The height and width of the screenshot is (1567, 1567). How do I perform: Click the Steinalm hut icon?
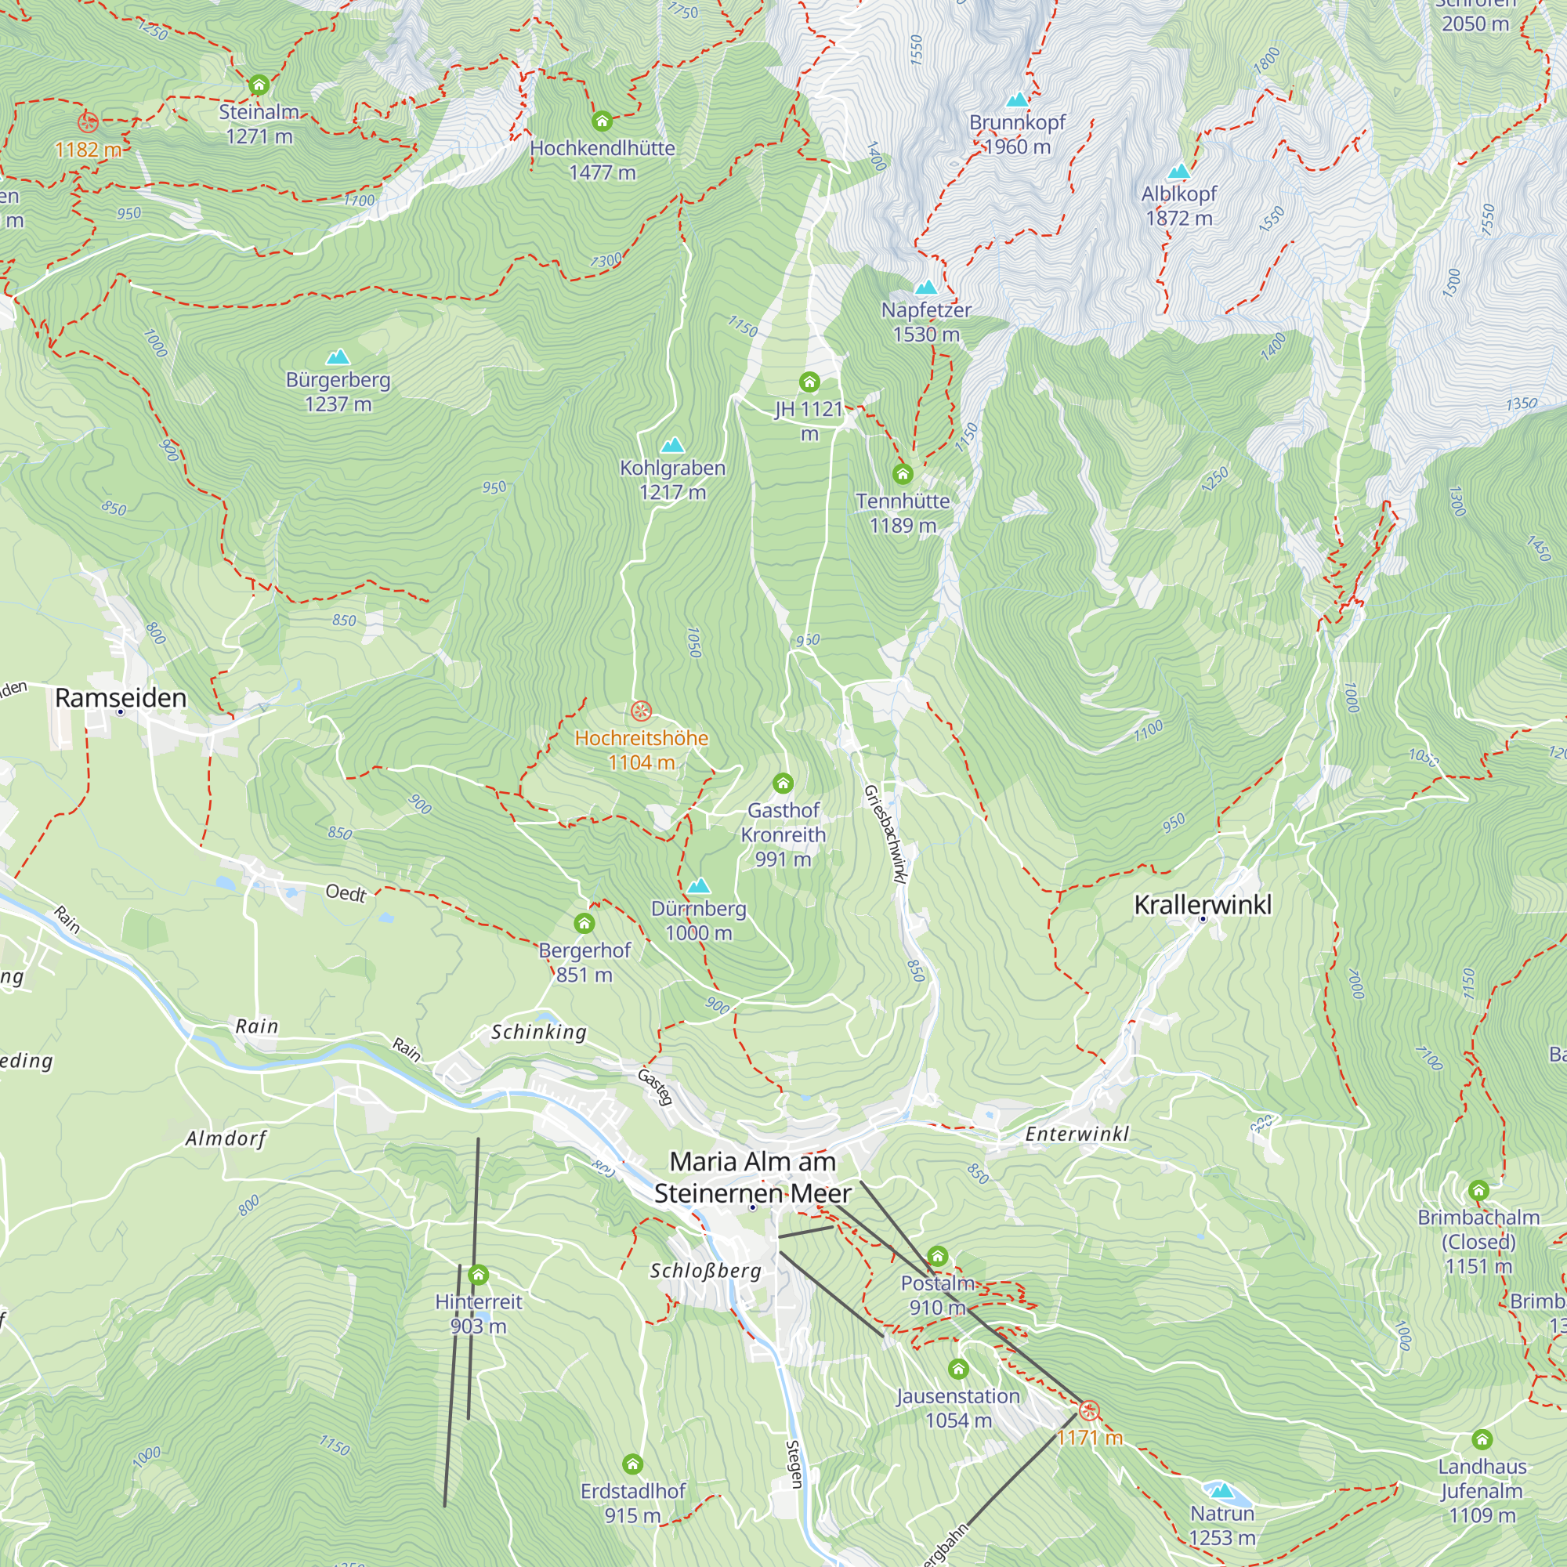259,85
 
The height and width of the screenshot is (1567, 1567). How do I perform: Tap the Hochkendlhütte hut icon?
602,121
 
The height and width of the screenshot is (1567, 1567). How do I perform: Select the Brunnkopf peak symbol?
1017,100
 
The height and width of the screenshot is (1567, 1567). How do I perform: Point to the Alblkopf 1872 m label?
1178,206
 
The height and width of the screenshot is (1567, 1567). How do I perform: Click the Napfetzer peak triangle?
926,287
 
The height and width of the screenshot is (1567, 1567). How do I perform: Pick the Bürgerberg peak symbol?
338,356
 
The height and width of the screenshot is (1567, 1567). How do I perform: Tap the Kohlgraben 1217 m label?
672,480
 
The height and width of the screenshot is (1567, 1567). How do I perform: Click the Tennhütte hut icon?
903,474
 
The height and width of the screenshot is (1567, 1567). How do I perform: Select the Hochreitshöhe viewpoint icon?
641,712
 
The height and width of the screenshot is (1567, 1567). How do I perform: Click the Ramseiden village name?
121,697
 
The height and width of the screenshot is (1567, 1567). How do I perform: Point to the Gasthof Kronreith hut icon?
783,783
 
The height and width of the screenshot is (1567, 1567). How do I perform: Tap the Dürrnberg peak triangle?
698,885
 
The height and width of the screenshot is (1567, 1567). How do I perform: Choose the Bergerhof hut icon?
584,923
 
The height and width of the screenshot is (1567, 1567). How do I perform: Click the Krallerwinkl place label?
1203,904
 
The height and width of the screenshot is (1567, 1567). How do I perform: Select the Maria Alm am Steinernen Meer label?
753,1178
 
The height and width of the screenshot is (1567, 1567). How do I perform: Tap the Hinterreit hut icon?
479,1275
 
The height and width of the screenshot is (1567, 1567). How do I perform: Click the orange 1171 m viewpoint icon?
1089,1410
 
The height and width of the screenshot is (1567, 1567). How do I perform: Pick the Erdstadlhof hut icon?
632,1464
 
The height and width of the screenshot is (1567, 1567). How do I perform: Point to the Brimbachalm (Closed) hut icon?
1478,1191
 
